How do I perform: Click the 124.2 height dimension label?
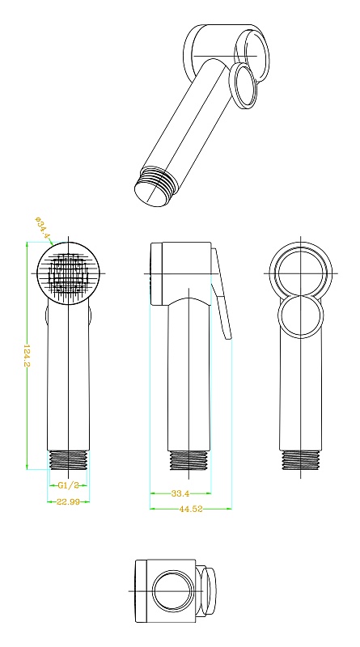pyautogui.click(x=27, y=355)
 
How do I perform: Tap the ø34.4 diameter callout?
pyautogui.click(x=43, y=227)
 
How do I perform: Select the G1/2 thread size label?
pyautogui.click(x=68, y=485)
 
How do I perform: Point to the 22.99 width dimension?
pyautogui.click(x=68, y=501)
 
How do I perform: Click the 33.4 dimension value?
pyautogui.click(x=180, y=493)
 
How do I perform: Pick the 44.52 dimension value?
pyautogui.click(x=191, y=509)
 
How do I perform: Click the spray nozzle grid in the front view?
pyautogui.click(x=68, y=273)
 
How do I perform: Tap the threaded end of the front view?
pyautogui.click(x=68, y=460)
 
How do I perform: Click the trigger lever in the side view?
pyautogui.click(x=222, y=293)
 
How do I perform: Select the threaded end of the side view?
pyautogui.click(x=189, y=460)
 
